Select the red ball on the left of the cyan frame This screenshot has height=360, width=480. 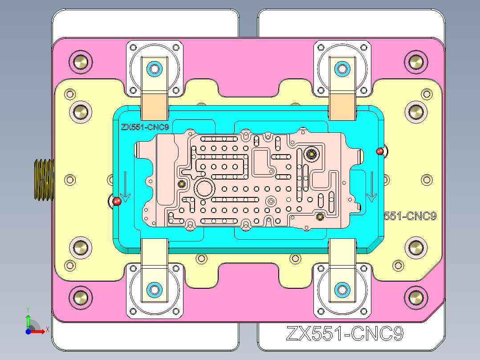tap(117, 202)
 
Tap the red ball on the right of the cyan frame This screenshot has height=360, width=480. tap(380, 151)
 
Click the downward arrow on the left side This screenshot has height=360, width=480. tap(126, 187)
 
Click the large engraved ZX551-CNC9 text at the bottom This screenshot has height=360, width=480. tap(345, 334)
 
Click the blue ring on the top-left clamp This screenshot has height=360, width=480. tap(155, 69)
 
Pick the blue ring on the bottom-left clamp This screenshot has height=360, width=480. tap(155, 289)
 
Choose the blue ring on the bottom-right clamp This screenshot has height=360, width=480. tap(342, 289)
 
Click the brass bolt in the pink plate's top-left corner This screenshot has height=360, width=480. tap(81, 62)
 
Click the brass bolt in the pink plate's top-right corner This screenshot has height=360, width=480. tap(416, 62)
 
